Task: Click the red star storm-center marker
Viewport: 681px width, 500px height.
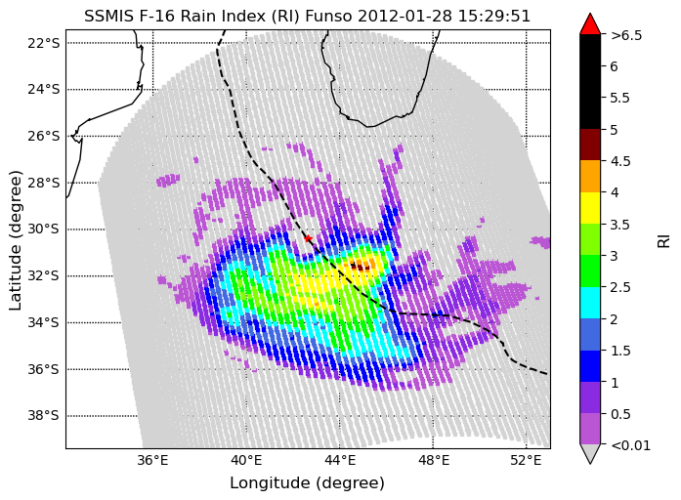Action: click(308, 238)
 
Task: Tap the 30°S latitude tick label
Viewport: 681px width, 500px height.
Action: click(43, 229)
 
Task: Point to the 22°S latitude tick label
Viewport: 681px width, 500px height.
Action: click(43, 43)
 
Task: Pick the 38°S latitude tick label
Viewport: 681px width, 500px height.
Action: click(43, 415)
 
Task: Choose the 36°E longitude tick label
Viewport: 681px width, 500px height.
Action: click(152, 460)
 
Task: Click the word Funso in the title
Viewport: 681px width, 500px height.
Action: click(329, 16)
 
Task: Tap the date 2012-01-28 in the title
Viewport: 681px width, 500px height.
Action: click(404, 16)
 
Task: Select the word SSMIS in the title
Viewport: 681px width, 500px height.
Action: click(107, 16)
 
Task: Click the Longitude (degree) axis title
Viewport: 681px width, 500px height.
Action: click(307, 482)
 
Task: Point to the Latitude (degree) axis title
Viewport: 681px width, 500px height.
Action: click(15, 240)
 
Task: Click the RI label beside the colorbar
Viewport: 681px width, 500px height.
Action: click(664, 241)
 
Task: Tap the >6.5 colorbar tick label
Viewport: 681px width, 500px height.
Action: click(626, 35)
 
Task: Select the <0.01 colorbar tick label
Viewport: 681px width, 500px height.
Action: click(630, 445)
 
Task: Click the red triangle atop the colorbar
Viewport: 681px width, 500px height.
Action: click(590, 23)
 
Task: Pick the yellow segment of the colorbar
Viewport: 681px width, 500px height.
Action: click(590, 208)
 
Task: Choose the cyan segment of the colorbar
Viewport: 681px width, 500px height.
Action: click(590, 303)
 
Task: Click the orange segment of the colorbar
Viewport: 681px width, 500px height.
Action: click(590, 176)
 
